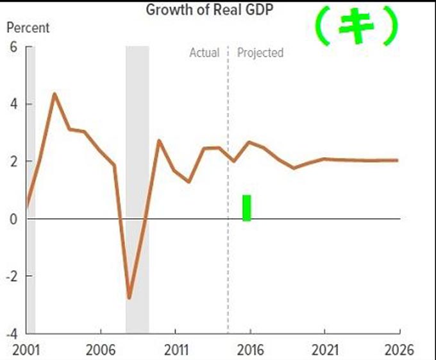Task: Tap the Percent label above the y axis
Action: (x=28, y=28)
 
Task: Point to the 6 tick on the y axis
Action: (x=12, y=47)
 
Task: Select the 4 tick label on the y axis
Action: (x=12, y=104)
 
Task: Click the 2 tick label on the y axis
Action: (x=12, y=161)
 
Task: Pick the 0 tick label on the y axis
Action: (x=12, y=219)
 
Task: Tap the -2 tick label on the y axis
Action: (x=10, y=276)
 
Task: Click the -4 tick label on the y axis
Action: (x=10, y=333)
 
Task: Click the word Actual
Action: (x=204, y=53)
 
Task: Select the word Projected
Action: (x=260, y=53)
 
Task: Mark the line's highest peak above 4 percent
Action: (x=54, y=94)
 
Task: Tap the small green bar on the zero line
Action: (x=247, y=208)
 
